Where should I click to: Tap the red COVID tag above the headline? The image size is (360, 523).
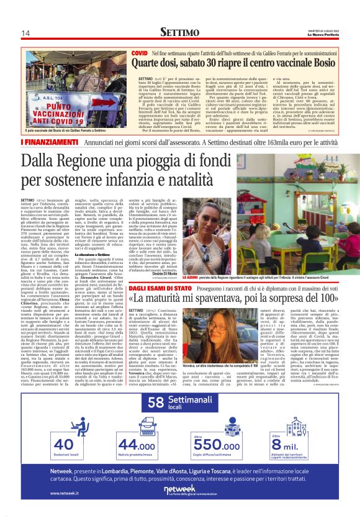139,55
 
